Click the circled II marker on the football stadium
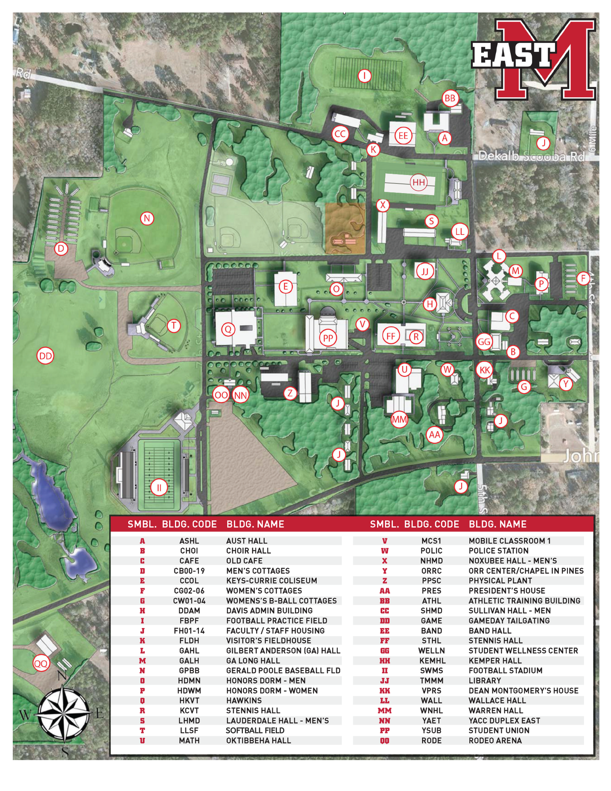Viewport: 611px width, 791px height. pyautogui.click(x=159, y=488)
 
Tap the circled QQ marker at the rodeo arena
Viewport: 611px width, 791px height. pyautogui.click(x=41, y=664)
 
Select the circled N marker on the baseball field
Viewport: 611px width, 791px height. pyautogui.click(x=147, y=219)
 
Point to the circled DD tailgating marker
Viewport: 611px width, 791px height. pyautogui.click(x=46, y=356)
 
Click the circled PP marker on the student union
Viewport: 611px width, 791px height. pyautogui.click(x=328, y=338)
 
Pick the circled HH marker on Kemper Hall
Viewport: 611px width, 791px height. pyautogui.click(x=419, y=182)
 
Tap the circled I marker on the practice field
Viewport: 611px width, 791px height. pyautogui.click(x=364, y=76)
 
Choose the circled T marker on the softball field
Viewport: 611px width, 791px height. pyautogui.click(x=174, y=326)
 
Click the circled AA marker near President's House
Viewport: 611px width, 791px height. pyautogui.click(x=434, y=435)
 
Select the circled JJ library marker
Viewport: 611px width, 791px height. pyautogui.click(x=425, y=272)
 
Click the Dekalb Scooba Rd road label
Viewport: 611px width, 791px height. pyautogui.click(x=531, y=156)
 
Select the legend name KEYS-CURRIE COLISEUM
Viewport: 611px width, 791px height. pyautogui.click(x=272, y=581)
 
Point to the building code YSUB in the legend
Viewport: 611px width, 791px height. pyautogui.click(x=431, y=731)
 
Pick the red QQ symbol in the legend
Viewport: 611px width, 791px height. pyautogui.click(x=385, y=741)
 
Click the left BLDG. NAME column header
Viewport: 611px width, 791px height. pyautogui.click(x=255, y=524)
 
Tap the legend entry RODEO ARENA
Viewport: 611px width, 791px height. pyautogui.click(x=495, y=741)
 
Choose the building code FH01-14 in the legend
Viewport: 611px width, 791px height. pyautogui.click(x=189, y=631)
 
